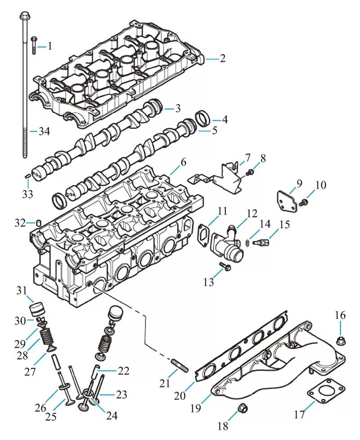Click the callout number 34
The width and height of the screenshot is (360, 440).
pyautogui.click(x=44, y=131)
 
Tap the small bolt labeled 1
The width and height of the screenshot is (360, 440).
pyautogui.click(x=34, y=45)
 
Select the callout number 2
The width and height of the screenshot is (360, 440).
pyautogui.click(x=223, y=59)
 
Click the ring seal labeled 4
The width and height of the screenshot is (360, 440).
pyautogui.click(x=202, y=118)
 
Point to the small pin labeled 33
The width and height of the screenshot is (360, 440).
pyautogui.click(x=27, y=176)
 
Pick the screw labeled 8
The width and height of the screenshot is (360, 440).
pyautogui.click(x=250, y=172)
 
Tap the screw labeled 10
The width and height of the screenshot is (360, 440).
pyautogui.click(x=303, y=202)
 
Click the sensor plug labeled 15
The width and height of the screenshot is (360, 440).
pyautogui.click(x=261, y=242)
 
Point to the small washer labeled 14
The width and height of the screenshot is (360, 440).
pyautogui.click(x=247, y=242)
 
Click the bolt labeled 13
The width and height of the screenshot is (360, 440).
pyautogui.click(x=225, y=267)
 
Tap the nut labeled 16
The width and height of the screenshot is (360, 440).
pyautogui.click(x=341, y=340)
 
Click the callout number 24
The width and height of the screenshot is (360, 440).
pyautogui.click(x=112, y=415)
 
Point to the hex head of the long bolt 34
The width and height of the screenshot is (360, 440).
pyautogui.click(x=25, y=15)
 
